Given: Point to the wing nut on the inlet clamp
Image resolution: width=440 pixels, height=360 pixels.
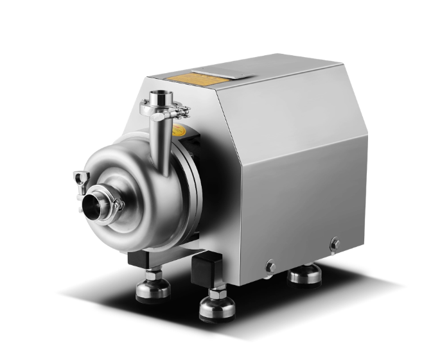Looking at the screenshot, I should click(x=81, y=177).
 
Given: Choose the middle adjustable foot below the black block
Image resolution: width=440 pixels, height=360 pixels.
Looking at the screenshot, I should click(x=216, y=307).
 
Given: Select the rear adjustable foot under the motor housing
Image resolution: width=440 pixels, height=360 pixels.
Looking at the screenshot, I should click(x=303, y=275).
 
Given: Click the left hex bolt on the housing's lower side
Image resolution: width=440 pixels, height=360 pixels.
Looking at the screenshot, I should click(x=270, y=265).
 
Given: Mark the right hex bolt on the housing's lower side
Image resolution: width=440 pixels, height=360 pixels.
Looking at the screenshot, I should click(x=334, y=244).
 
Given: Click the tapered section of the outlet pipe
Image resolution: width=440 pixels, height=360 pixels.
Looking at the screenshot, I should click(x=164, y=144).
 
